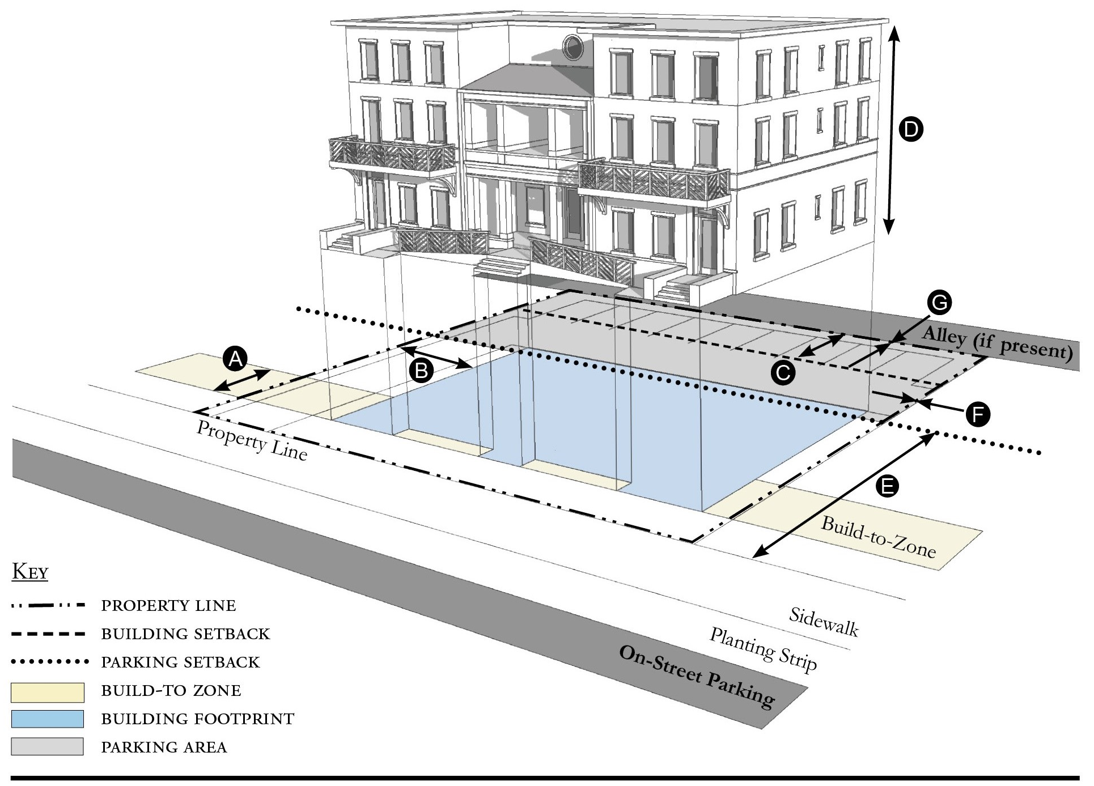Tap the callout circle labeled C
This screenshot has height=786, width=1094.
783,373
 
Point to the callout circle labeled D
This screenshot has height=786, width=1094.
911,130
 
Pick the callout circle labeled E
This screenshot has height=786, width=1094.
887,486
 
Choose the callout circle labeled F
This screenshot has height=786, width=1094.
978,414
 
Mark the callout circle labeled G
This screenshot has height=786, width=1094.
939,303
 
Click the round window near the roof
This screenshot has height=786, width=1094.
573,47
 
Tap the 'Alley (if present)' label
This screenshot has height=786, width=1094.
997,343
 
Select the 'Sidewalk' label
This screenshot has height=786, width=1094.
824,622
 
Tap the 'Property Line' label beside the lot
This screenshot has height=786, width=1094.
252,440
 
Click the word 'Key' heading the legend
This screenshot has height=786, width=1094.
30,572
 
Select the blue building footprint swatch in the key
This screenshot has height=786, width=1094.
48,719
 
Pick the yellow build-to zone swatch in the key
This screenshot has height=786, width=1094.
48,691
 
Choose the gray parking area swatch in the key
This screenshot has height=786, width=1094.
48,746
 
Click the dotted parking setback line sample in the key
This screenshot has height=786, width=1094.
50,661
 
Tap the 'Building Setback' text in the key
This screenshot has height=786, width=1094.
185,634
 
